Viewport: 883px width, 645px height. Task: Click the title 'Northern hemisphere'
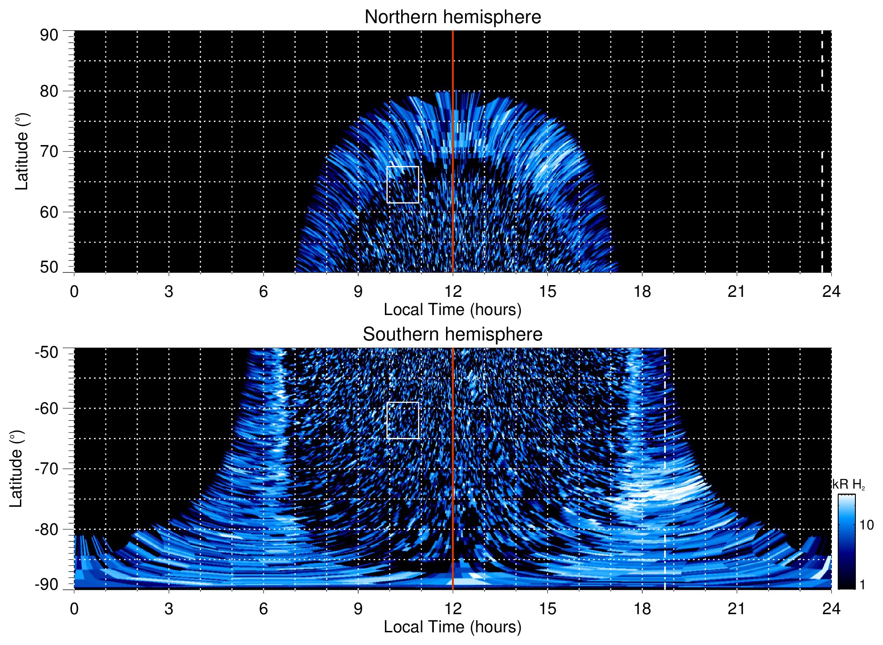(x=452, y=17)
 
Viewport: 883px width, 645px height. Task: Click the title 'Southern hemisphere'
(x=452, y=335)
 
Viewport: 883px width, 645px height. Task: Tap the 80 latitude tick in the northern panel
(x=49, y=91)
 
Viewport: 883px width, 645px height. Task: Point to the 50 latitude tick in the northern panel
(x=49, y=267)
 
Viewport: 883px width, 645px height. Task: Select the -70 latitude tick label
(x=47, y=469)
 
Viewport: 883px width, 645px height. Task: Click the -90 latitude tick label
(x=47, y=584)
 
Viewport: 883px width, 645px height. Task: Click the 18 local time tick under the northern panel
(x=642, y=291)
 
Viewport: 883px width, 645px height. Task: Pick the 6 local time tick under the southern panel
(x=263, y=608)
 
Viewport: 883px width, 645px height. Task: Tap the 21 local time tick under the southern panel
(x=736, y=608)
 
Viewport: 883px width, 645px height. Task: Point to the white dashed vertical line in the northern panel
(x=822, y=181)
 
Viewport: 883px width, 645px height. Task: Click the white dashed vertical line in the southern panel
(x=665, y=499)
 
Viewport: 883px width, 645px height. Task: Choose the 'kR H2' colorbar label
(x=849, y=485)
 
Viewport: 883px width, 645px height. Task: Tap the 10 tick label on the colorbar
(x=866, y=525)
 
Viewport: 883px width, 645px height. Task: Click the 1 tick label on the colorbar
(x=862, y=584)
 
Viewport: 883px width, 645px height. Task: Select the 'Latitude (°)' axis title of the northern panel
(x=22, y=151)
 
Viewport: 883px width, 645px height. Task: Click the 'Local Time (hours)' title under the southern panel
(x=452, y=627)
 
